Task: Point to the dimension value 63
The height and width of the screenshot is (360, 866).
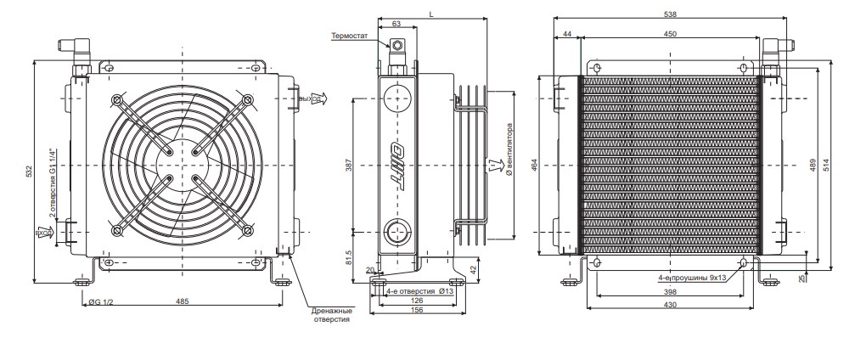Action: pyautogui.click(x=396, y=25)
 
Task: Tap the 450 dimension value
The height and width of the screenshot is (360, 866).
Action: pyautogui.click(x=670, y=34)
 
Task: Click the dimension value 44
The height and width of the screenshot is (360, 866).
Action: pyautogui.click(x=566, y=34)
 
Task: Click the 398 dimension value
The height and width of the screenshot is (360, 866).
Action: pyautogui.click(x=671, y=293)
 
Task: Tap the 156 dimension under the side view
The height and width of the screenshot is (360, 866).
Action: pyautogui.click(x=417, y=310)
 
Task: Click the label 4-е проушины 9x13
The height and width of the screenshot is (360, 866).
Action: pyautogui.click(x=694, y=278)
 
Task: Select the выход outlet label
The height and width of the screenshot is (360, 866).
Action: pyautogui.click(x=311, y=98)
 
